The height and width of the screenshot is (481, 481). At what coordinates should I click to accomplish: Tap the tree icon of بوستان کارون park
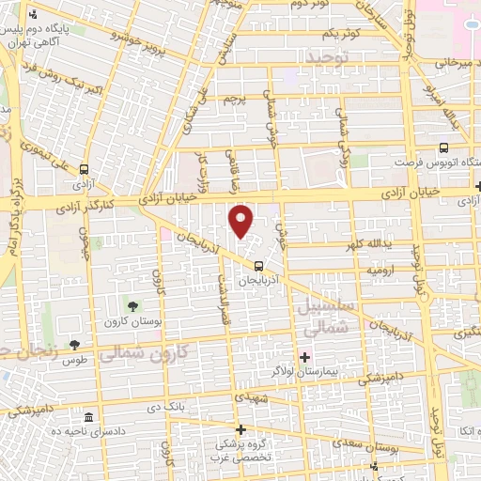click(x=132, y=306)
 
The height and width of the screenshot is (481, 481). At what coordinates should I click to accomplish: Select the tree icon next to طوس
click(x=74, y=345)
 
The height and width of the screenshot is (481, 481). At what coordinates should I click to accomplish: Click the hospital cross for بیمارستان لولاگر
click(x=303, y=357)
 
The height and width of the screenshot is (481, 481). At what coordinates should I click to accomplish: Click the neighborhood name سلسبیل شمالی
click(x=327, y=318)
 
